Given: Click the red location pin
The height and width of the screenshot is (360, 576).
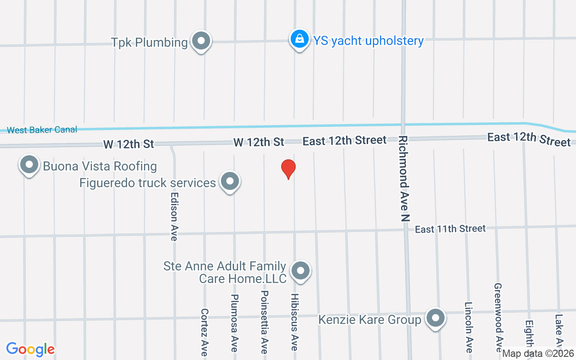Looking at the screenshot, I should [x=288, y=169].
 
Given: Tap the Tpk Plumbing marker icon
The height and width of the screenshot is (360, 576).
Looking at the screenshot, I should [x=201, y=41].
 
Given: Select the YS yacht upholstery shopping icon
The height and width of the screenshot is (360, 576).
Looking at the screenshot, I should [x=299, y=40].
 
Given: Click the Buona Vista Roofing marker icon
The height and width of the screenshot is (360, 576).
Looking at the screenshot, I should [x=29, y=165].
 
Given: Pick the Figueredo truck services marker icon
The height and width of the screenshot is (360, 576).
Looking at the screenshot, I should [x=230, y=182].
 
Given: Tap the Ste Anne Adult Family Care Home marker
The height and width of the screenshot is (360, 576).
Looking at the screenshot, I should [x=301, y=271].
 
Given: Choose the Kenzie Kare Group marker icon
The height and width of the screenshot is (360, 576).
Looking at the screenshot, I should [x=435, y=318].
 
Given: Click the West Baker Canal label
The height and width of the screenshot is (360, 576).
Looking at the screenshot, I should [x=42, y=130].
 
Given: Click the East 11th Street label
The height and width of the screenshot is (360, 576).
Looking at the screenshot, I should [x=450, y=229].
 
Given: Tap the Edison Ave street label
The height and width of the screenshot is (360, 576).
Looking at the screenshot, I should [x=174, y=217].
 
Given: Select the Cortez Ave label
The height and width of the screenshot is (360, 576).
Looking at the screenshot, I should [x=204, y=332].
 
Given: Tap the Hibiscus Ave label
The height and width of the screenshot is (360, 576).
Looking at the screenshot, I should [x=294, y=322].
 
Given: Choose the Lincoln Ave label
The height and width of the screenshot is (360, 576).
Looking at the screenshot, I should [x=468, y=327].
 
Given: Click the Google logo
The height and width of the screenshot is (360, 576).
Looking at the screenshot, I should [x=30, y=349].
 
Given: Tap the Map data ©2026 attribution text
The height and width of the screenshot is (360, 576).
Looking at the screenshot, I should [x=538, y=354].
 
